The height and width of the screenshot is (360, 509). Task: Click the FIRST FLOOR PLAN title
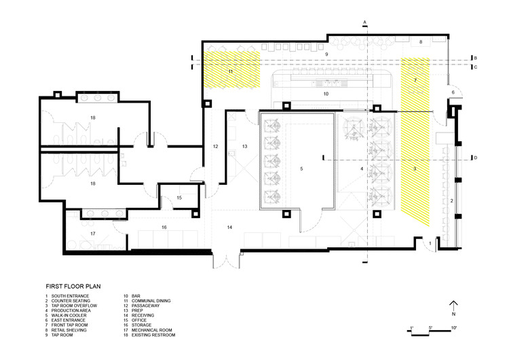pyautogui.click(x=73, y=286)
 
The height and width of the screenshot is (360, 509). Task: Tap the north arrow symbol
pyautogui.click(x=453, y=306)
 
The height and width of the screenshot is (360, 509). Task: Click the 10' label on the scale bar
pyautogui.click(x=453, y=328)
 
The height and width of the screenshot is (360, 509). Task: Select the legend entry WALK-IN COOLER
pyautogui.click(x=69, y=315)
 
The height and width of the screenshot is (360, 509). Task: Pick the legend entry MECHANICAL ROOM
pyautogui.click(x=151, y=330)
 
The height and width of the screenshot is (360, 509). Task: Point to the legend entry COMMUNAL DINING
pyautogui.click(x=151, y=300)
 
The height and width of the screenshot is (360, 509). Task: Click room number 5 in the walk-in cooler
pyautogui.click(x=301, y=168)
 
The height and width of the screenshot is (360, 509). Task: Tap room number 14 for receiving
pyautogui.click(x=229, y=227)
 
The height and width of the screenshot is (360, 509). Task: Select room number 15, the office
pyautogui.click(x=179, y=198)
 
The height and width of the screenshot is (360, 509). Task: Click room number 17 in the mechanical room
pyautogui.click(x=93, y=234)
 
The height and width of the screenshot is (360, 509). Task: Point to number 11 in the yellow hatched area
pyautogui.click(x=231, y=71)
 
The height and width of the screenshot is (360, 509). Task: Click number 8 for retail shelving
pyautogui.click(x=421, y=42)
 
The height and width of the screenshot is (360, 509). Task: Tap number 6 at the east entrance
pyautogui.click(x=453, y=92)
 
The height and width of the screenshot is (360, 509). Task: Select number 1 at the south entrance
pyautogui.click(x=430, y=243)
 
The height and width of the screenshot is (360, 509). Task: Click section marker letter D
pyautogui.click(x=476, y=158)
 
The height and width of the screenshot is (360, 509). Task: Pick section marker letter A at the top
pyautogui.click(x=364, y=22)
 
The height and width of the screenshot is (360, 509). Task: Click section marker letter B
pyautogui.click(x=476, y=58)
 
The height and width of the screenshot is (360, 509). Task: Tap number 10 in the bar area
pyautogui.click(x=326, y=94)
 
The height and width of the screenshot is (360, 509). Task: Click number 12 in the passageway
pyautogui.click(x=216, y=147)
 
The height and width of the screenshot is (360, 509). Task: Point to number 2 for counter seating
pyautogui.click(x=451, y=201)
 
